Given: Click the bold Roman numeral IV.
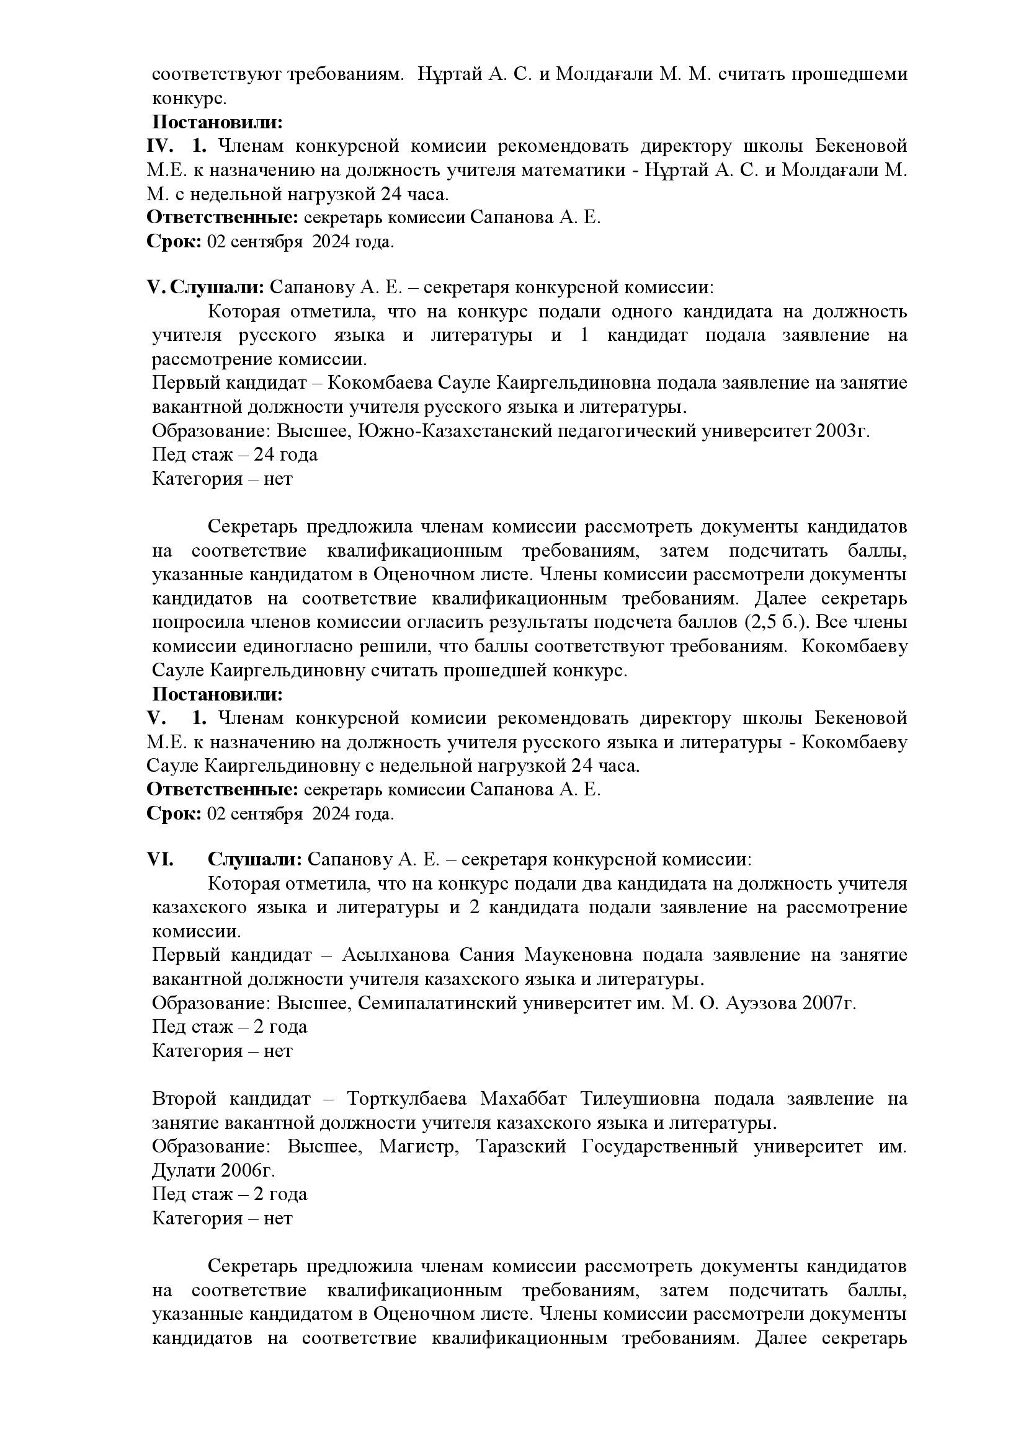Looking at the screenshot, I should tap(160, 146).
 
